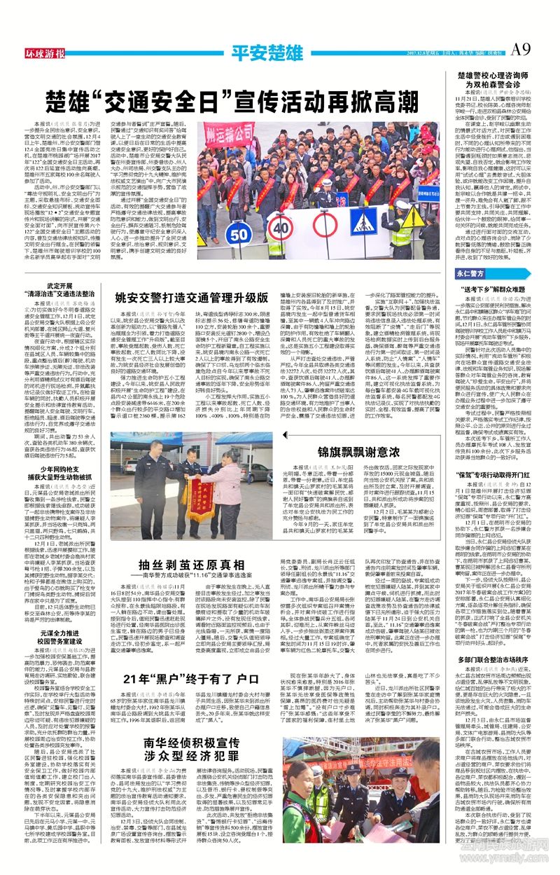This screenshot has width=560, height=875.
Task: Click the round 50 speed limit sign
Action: (x=239, y=231)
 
